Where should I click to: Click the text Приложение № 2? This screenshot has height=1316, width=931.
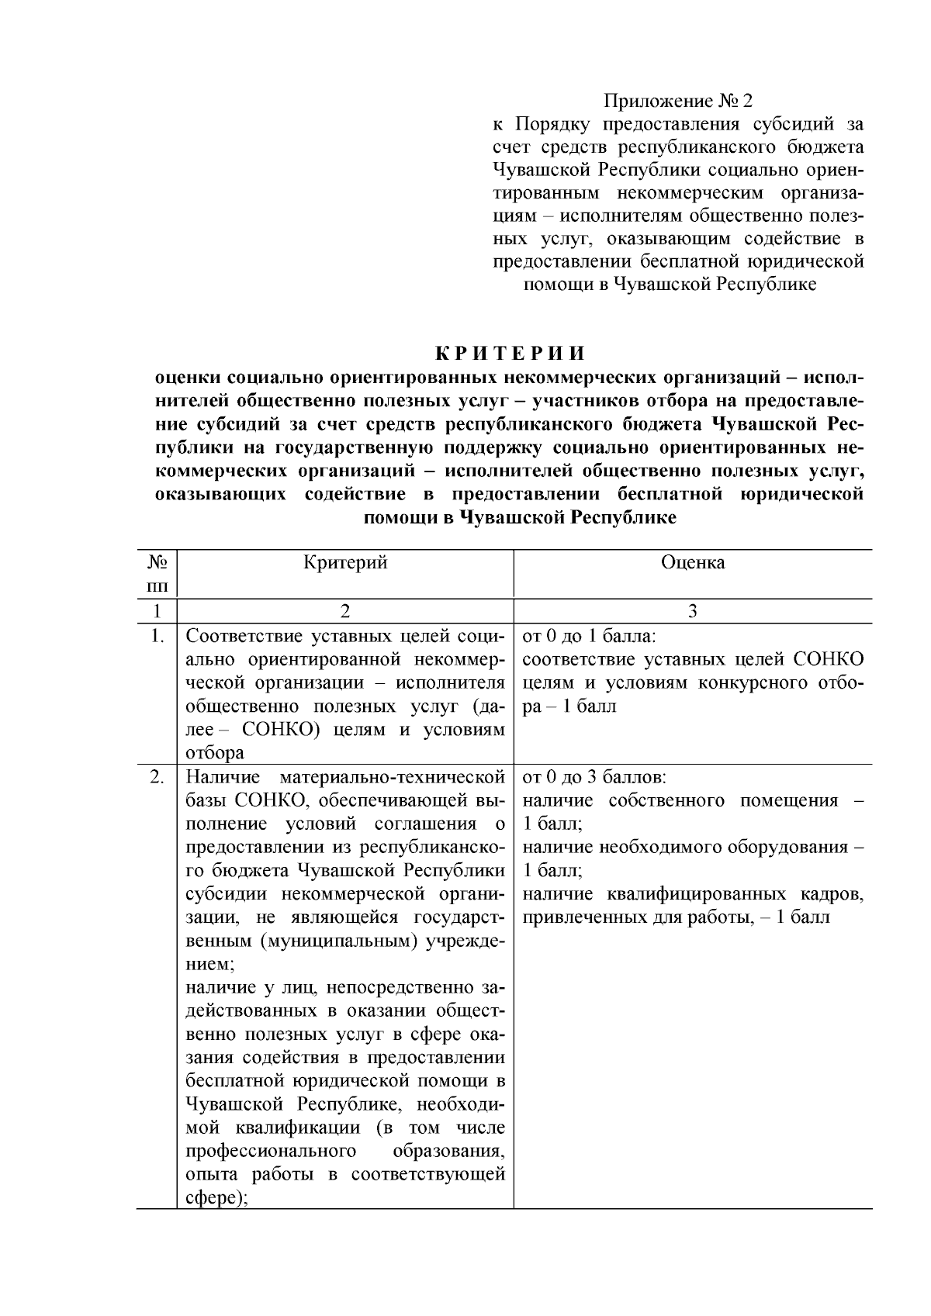pos(678,101)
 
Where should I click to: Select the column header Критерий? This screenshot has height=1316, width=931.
pos(345,563)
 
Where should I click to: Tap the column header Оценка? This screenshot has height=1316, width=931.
pos(693,563)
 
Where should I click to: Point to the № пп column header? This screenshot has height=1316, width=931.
pos(157,574)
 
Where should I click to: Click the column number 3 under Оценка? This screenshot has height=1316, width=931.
pos(693,611)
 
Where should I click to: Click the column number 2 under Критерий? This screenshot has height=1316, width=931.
pos(345,611)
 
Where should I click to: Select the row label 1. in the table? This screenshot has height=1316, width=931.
pos(157,637)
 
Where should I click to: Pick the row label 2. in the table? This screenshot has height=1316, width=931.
pos(157,777)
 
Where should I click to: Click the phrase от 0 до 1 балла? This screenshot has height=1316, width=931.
pos(590,637)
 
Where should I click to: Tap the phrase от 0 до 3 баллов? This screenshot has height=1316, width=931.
pos(594,777)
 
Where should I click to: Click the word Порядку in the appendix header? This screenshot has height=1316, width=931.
pos(553,124)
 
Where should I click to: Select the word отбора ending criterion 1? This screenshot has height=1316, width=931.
pos(215,752)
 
